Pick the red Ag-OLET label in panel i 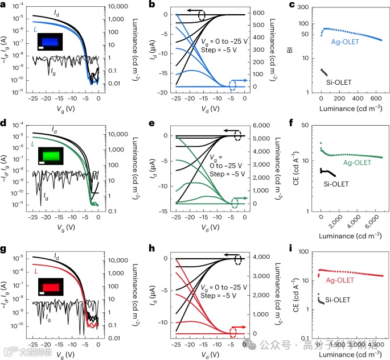click(x=339, y=280)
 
